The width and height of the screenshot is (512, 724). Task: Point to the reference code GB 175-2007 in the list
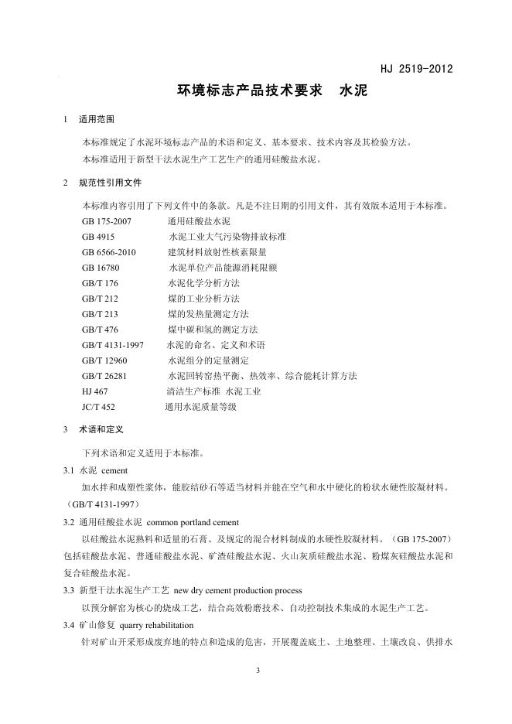[x=107, y=221]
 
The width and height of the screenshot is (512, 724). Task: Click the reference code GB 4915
[x=98, y=236]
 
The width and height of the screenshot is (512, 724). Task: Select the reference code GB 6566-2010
[x=108, y=251]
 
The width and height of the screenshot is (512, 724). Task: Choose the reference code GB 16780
[x=101, y=267]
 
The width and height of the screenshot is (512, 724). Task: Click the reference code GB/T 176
[x=100, y=283]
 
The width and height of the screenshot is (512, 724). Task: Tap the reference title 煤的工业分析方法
[x=203, y=299]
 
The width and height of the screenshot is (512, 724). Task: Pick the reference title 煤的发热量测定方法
[x=208, y=314]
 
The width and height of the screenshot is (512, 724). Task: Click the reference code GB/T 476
[x=100, y=330]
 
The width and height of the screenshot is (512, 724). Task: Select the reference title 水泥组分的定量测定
[x=208, y=360]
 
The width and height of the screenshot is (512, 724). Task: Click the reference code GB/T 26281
[x=104, y=376]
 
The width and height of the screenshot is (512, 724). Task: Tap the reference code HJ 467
[x=94, y=391]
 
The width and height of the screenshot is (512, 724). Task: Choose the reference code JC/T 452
[x=98, y=406]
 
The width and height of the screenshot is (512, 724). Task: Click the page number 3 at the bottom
[x=256, y=670]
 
